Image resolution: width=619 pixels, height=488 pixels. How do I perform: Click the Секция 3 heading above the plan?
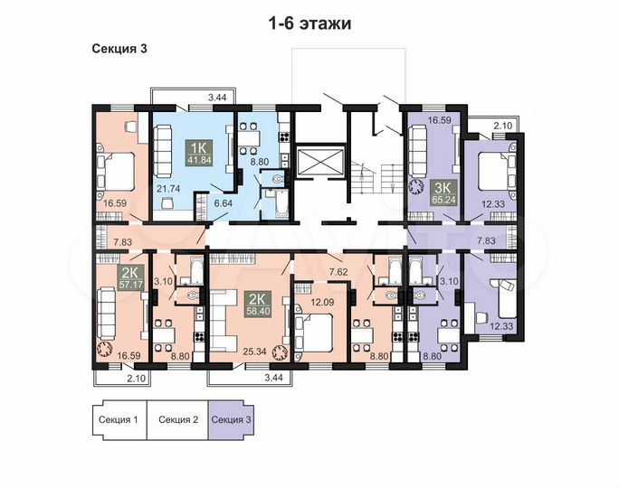point(120,49)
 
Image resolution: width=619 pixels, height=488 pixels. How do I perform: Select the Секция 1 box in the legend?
point(118,419)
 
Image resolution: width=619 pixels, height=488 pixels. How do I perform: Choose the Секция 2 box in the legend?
point(178,419)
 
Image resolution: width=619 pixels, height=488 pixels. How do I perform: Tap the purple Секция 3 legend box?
point(233,419)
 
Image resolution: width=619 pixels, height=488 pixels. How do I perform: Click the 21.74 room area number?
point(168,189)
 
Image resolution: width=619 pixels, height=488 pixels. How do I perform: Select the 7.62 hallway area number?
point(338,271)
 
